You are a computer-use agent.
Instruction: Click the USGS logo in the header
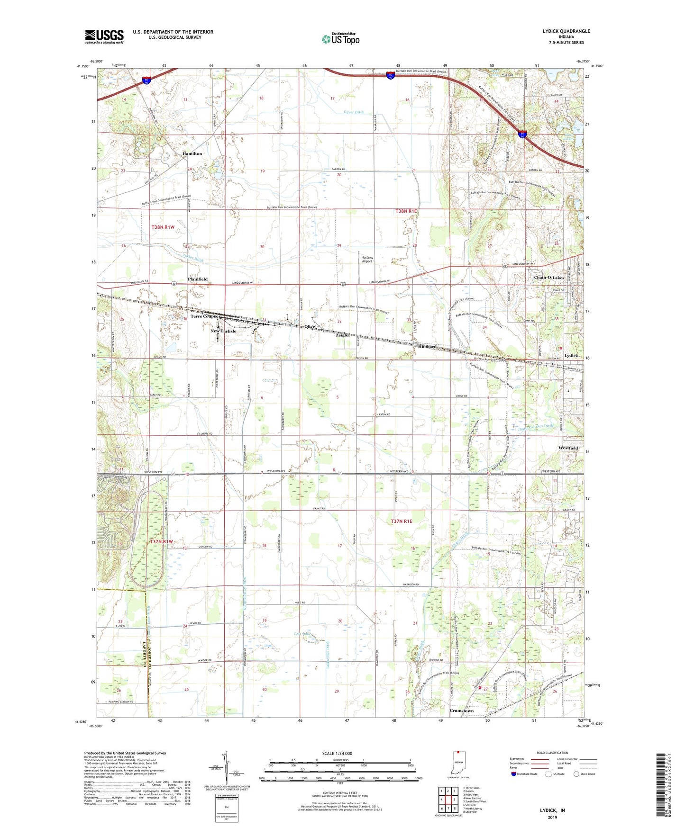tap(104, 36)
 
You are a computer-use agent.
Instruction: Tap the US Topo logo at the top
tap(340, 39)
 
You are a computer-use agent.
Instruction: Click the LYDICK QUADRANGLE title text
tap(566, 31)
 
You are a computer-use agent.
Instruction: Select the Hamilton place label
tap(192, 154)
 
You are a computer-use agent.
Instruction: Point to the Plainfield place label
tap(197, 279)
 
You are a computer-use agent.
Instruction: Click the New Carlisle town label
tap(223, 331)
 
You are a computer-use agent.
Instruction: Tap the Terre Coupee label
tap(204, 316)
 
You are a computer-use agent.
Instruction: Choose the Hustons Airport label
tap(367, 259)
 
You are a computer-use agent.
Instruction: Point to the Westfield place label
tap(568, 448)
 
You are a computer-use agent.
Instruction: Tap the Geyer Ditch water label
tap(354, 112)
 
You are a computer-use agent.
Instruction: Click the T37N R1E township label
tap(402, 521)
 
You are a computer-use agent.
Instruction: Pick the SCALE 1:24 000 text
tap(337, 754)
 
